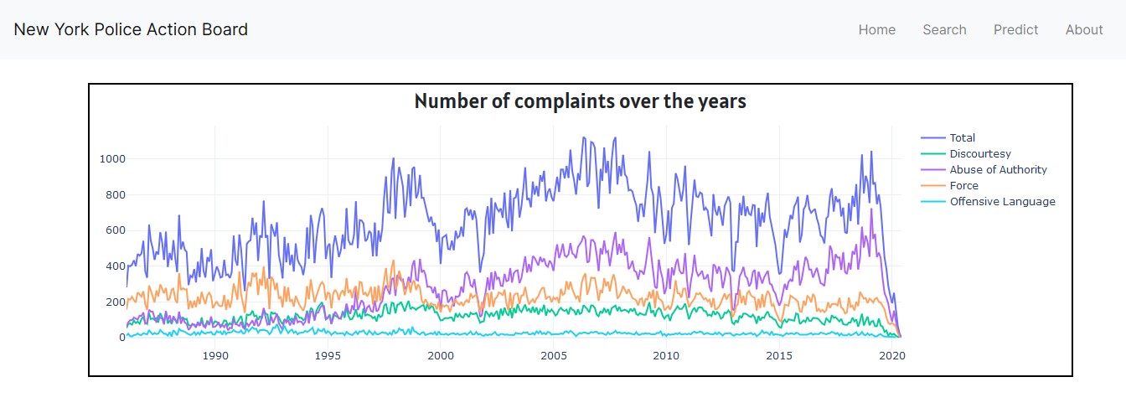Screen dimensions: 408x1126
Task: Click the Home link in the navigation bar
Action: coord(876,30)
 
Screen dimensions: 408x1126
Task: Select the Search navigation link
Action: coord(944,30)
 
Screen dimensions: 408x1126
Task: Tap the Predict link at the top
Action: coord(1015,30)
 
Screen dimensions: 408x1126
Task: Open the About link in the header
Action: coord(1083,30)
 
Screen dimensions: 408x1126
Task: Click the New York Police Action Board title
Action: coord(131,29)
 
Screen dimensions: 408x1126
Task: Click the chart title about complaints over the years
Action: coord(580,102)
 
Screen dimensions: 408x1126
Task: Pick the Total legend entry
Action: coord(962,138)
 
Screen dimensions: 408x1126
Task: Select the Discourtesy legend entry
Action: coord(979,154)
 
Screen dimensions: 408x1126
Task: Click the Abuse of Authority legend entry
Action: coord(998,170)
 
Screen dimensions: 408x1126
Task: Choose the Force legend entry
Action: coord(963,186)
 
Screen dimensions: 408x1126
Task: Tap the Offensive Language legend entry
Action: coord(1002,202)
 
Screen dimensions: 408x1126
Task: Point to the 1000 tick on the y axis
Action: coord(112,159)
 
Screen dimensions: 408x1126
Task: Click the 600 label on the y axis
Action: coord(115,230)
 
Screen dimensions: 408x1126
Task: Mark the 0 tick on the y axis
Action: coord(121,338)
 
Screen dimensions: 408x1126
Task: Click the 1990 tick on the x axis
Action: coord(215,355)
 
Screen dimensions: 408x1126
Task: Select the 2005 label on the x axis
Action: coord(554,355)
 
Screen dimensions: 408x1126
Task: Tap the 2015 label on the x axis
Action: coord(779,355)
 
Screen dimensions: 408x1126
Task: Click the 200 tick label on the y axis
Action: coord(115,302)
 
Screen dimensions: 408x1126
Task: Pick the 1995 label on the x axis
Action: coord(328,355)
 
